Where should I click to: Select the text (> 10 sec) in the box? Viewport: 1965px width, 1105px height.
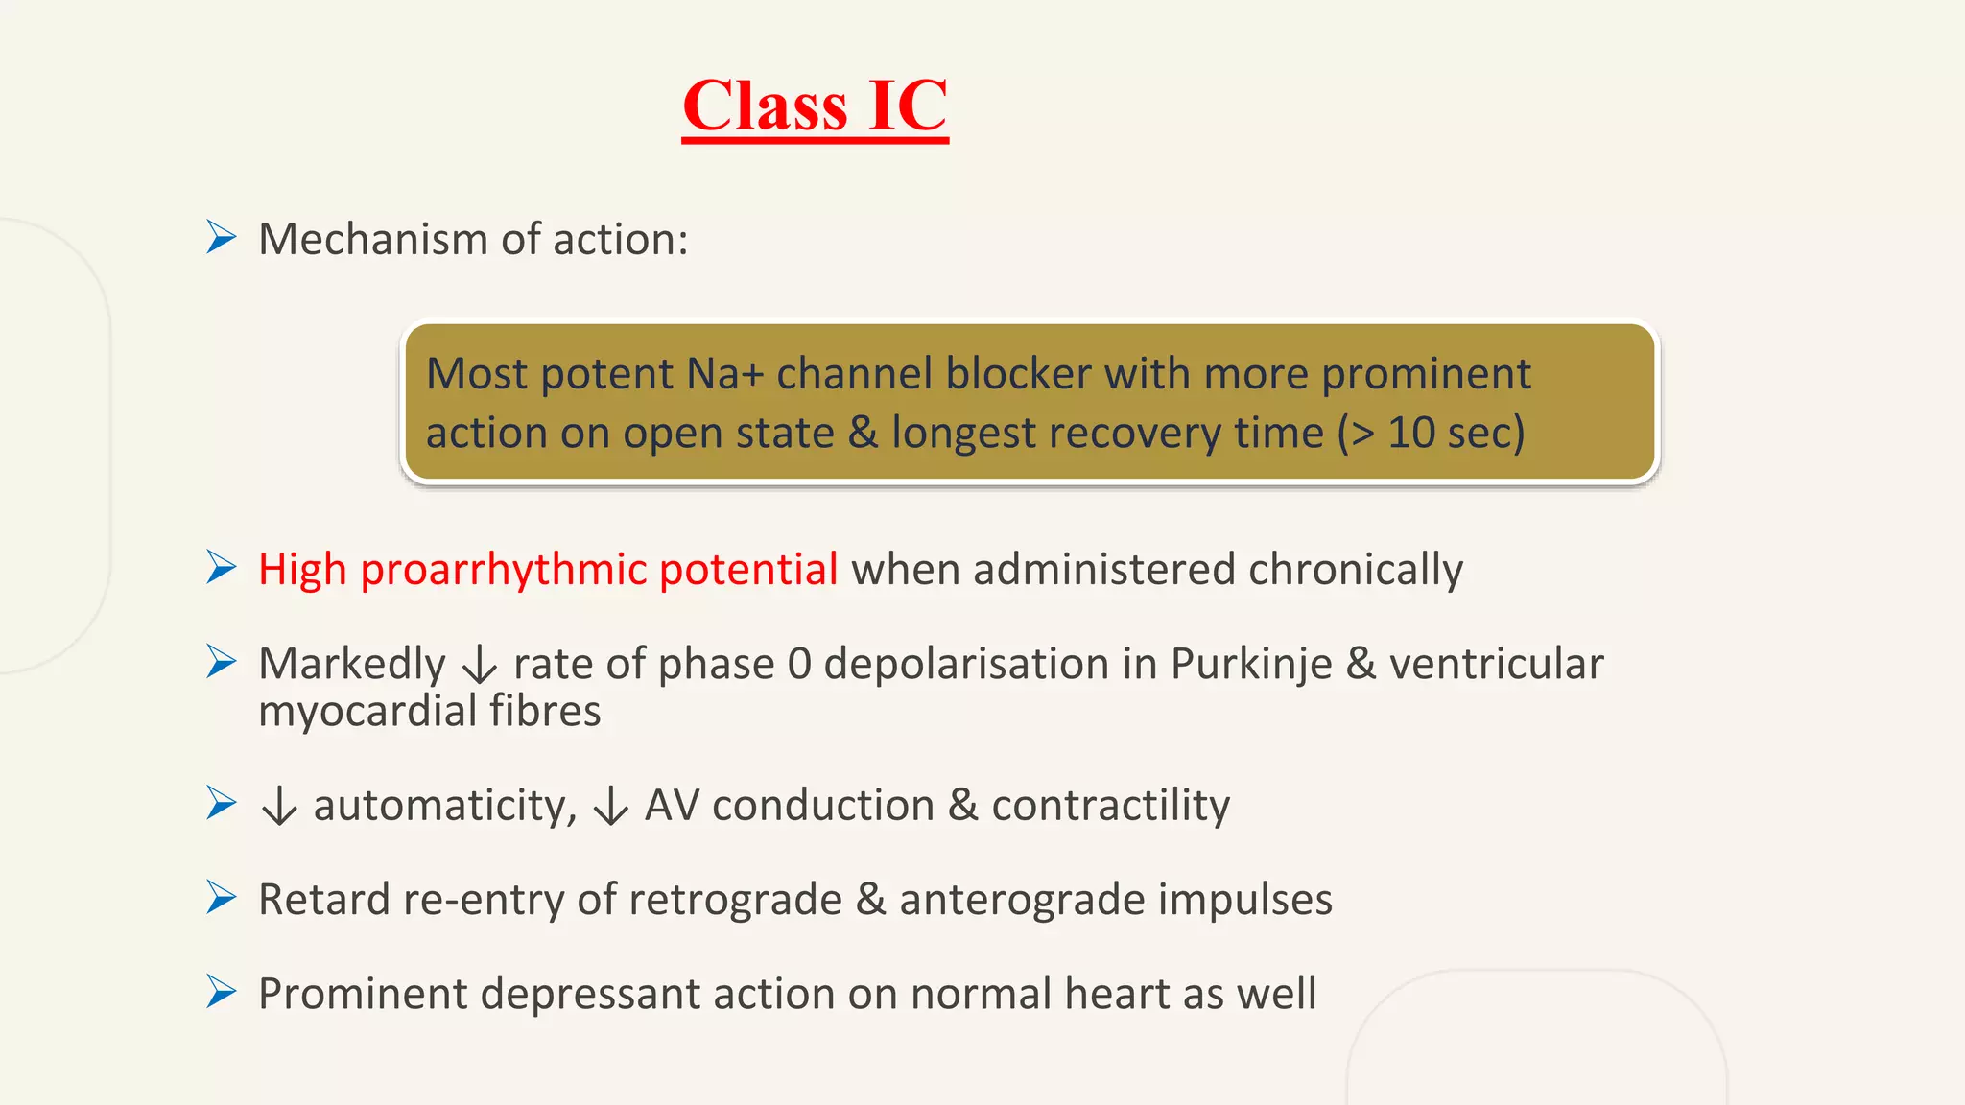(x=1431, y=433)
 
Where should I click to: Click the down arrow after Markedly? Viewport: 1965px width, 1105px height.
(x=480, y=665)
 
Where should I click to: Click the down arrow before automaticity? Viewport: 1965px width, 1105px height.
(x=279, y=806)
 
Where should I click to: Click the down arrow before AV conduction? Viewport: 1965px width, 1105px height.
(x=610, y=806)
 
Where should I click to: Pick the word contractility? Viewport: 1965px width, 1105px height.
(x=1110, y=805)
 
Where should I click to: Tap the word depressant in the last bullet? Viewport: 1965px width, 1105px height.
(x=590, y=994)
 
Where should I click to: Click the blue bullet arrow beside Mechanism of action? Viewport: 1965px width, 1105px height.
(x=221, y=237)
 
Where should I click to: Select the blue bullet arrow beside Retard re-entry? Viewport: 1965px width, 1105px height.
(x=221, y=898)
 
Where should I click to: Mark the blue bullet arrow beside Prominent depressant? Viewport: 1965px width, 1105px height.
(x=221, y=992)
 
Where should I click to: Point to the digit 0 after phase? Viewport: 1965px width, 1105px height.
(x=798, y=664)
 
